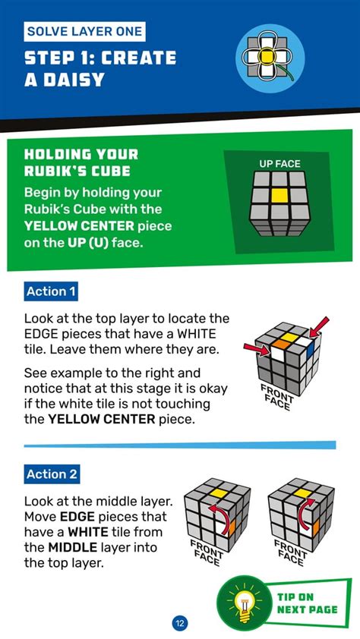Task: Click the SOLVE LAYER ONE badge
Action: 84,31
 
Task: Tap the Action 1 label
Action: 51,291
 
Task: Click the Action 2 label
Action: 52,474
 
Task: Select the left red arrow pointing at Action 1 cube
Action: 257,348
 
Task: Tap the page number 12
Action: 180,623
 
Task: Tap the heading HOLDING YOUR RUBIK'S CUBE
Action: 81,162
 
